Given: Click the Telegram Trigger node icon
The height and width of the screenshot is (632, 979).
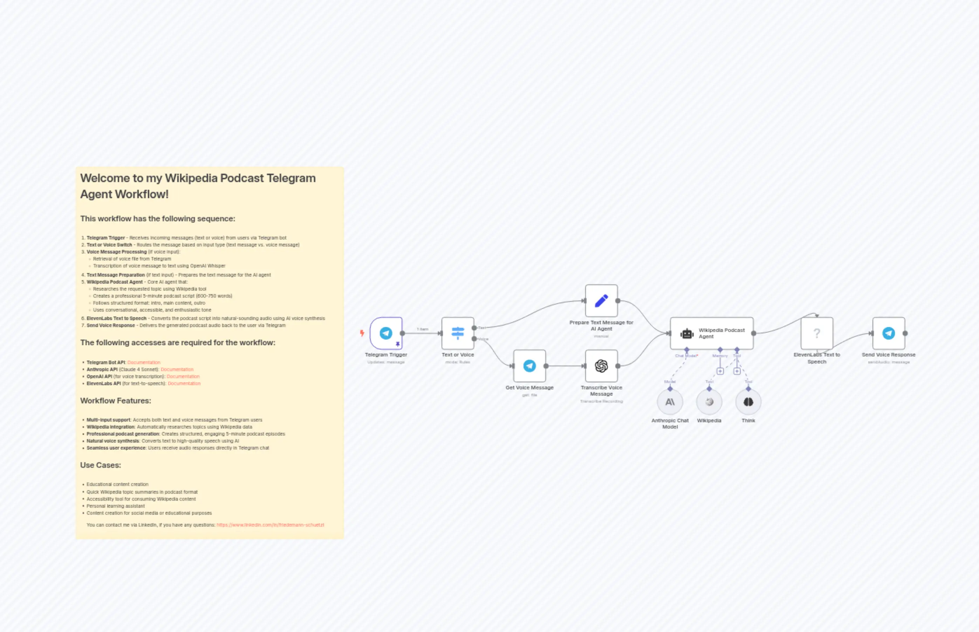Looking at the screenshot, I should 385,333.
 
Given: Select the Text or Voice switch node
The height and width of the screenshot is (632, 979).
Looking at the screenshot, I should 458,333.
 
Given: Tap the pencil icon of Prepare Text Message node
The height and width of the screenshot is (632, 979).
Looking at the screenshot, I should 601,300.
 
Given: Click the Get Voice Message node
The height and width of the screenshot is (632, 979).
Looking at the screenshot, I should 529,366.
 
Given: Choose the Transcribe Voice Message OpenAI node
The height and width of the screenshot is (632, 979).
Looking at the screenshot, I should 601,366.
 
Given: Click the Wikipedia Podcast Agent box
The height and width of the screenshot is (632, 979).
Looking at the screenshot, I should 712,333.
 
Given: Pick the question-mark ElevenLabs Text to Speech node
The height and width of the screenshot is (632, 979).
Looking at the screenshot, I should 816,333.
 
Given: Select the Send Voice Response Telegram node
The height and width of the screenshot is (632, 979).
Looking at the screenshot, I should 888,333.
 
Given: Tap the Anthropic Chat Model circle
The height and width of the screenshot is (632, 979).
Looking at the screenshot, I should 670,402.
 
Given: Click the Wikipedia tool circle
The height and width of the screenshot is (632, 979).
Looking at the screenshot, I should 709,402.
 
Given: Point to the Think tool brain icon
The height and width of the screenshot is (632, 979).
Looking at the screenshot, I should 748,402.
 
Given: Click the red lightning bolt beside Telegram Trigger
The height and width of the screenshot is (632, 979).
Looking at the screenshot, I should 362,333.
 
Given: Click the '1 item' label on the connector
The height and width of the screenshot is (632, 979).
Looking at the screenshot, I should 422,329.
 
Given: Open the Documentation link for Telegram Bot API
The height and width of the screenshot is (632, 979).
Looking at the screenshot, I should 144,362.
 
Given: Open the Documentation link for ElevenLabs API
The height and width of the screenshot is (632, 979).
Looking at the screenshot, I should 184,383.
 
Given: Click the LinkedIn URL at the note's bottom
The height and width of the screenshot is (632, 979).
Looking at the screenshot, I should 270,525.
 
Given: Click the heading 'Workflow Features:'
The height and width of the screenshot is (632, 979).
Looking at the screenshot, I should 115,401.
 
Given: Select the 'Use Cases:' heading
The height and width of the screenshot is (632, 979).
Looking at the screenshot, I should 100,465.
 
